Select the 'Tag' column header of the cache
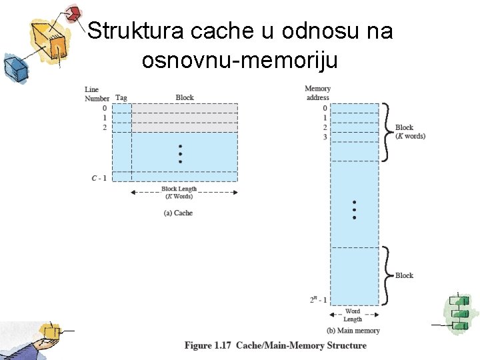click(x=121, y=98)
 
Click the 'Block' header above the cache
click(x=185, y=97)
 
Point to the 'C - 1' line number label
click(x=99, y=177)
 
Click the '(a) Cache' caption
click(x=179, y=213)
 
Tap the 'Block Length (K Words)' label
click(x=179, y=193)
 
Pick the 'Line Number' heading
click(x=97, y=94)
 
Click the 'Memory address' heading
click(x=317, y=93)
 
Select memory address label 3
click(x=325, y=137)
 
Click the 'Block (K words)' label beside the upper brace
click(x=409, y=131)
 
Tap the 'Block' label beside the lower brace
click(x=404, y=275)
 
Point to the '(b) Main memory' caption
click(x=353, y=331)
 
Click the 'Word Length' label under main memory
click(x=353, y=315)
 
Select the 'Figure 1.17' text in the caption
click(x=207, y=345)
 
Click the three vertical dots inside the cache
click(x=180, y=154)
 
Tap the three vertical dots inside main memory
click(x=354, y=209)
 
